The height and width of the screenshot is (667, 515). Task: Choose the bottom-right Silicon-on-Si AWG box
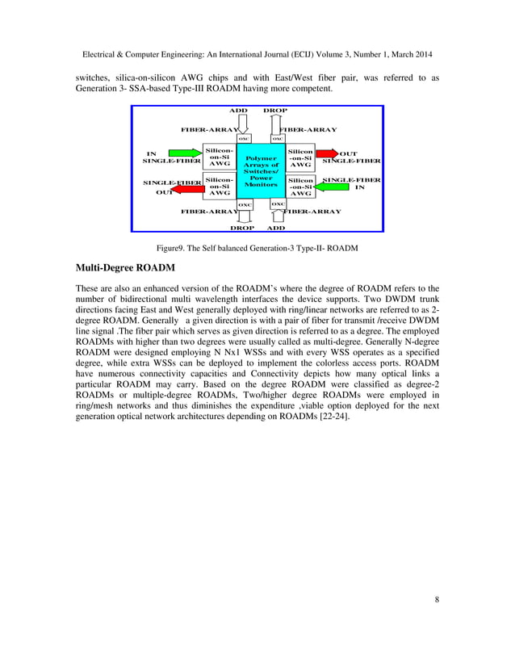301,187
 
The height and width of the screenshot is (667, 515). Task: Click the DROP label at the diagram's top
276,109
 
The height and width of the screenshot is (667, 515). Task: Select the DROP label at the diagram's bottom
242,228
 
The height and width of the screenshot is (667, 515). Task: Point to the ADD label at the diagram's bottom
276,228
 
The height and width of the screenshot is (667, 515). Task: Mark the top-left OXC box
243,138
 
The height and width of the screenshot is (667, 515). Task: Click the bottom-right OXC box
278,203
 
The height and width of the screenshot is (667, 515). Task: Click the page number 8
437,598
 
